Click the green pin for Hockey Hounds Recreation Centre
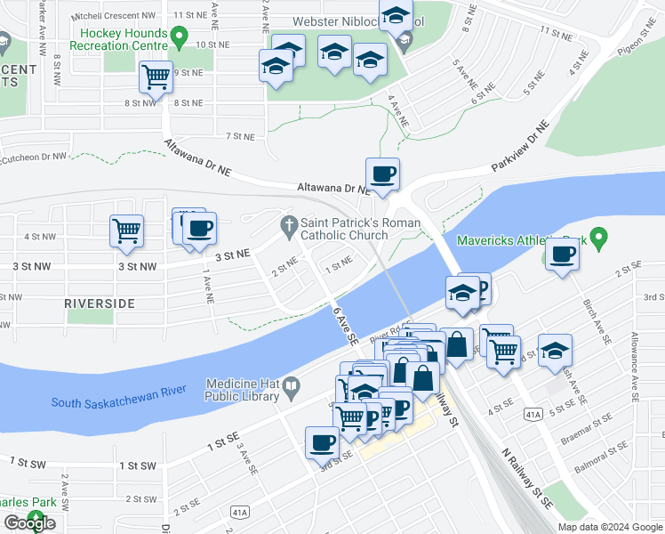pos(179,37)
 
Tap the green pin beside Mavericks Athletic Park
pos(599,239)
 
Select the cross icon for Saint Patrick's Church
pos(287,226)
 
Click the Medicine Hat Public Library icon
pos(291,388)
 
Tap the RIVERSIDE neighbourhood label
pos(100,303)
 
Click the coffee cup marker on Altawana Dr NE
pos(382,174)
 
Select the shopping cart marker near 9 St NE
pos(156,77)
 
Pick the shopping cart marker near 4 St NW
pos(126,230)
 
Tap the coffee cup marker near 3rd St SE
pos(322,441)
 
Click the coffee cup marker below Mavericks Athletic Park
pos(562,255)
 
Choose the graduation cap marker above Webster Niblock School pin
pos(396,15)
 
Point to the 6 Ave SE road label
pos(345,325)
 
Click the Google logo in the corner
pos(29,523)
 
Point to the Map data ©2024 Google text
pos(610,527)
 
